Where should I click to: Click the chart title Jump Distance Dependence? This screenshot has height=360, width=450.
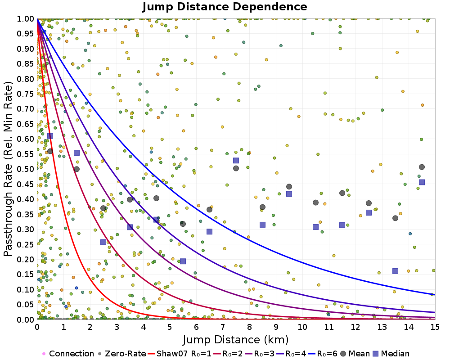pyautogui.click(x=225, y=7)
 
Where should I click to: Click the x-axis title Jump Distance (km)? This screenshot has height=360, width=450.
pyautogui.click(x=235, y=339)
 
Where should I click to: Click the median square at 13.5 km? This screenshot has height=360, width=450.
pyautogui.click(x=395, y=271)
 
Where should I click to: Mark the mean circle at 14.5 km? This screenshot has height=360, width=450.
pyautogui.click(x=422, y=167)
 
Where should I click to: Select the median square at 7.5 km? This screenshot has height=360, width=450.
pyautogui.click(x=236, y=160)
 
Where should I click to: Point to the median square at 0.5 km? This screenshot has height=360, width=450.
pyautogui.click(x=50, y=135)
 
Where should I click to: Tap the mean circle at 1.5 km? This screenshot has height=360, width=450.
pyautogui.click(x=76, y=169)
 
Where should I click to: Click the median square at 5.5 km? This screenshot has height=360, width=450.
pyautogui.click(x=183, y=261)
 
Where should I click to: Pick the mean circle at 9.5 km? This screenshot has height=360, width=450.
pyautogui.click(x=289, y=186)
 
